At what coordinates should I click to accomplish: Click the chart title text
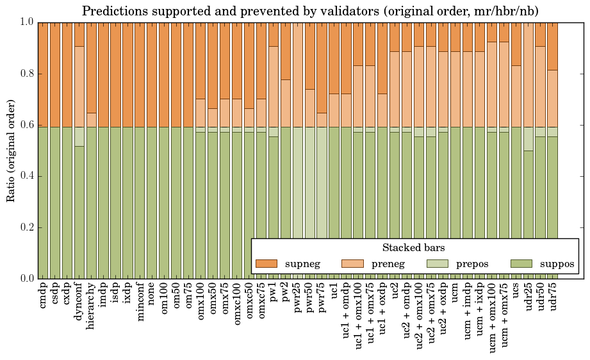pos(310,11)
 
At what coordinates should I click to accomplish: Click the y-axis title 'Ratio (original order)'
pos(11,150)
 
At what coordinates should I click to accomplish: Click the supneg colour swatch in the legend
pos(266,263)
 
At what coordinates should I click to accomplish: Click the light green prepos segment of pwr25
pos(298,192)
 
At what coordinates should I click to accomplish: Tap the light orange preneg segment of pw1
pos(274,86)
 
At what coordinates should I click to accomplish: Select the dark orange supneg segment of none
pos(152,74)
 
